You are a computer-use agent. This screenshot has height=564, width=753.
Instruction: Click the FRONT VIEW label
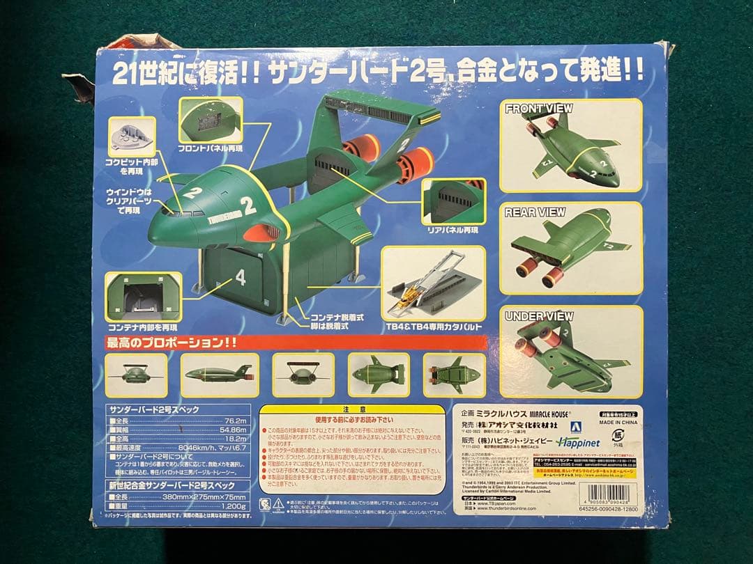click(x=538, y=109)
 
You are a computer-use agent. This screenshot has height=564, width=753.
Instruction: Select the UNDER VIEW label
click(x=539, y=317)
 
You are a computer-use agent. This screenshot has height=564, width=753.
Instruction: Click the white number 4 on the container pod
click(x=241, y=278)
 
